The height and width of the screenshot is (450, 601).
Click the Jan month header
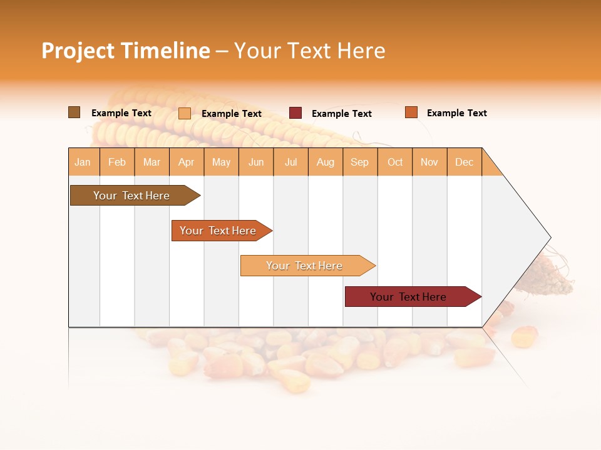tap(83, 162)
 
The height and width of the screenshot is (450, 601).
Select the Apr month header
tap(187, 162)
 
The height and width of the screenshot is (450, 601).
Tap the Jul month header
tap(291, 162)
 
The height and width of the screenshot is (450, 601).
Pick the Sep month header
tap(360, 162)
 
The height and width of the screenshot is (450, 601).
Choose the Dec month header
tap(465, 162)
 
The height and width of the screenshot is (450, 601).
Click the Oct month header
tap(395, 162)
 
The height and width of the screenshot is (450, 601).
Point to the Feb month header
tap(117, 162)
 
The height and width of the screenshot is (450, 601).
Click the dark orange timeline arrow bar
tap(219, 231)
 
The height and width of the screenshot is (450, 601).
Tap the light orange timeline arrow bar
tap(306, 266)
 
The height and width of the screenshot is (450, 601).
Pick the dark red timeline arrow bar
tap(410, 297)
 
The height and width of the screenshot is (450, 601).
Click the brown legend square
tap(74, 112)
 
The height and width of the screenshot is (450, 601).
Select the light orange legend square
tap(185, 113)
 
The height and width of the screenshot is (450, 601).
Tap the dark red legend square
tap(295, 113)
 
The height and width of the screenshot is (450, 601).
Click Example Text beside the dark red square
tap(342, 114)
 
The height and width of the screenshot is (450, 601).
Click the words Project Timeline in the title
tap(126, 51)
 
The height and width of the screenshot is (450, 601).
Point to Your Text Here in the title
tap(310, 51)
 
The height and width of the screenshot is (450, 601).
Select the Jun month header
tap(256, 162)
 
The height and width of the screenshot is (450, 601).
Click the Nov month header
tap(429, 162)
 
